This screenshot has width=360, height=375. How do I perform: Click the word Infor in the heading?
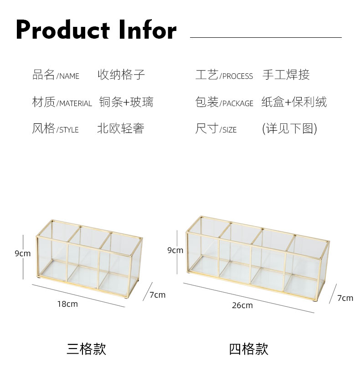pos(148,30)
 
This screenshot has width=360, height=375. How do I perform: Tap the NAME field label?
pos(56,75)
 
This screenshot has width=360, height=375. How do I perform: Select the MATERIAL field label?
pos(62,102)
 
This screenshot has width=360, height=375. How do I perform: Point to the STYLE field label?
pos(55,129)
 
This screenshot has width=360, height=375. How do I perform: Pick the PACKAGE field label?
pos(224,102)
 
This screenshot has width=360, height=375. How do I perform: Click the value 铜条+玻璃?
pos(126,102)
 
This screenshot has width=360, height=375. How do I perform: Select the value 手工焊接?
pos(286,75)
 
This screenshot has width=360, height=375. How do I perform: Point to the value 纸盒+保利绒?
pos(294,102)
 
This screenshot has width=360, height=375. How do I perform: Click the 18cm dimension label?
pos(67,304)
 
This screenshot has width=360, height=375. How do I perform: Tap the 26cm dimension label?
pos(242,305)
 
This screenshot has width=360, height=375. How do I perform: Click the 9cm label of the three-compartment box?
pos(23,253)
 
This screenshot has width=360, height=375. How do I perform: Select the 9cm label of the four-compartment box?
pos(175,250)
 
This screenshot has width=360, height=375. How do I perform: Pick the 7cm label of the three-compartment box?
pos(158,295)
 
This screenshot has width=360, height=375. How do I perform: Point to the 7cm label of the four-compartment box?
pos(345,298)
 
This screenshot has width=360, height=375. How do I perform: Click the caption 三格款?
pos(87,349)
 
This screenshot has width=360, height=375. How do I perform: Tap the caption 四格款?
pos(248,349)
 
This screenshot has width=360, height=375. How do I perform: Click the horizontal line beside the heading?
pos(266,37)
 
